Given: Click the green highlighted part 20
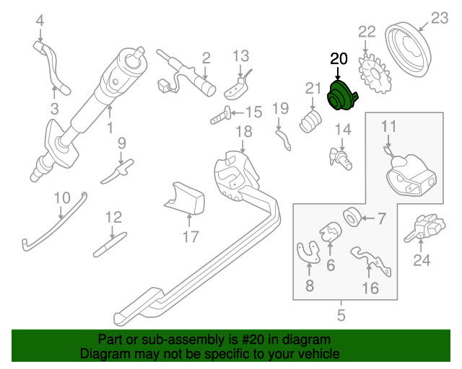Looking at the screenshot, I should (x=343, y=98).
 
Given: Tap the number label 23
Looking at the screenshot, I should (x=440, y=18).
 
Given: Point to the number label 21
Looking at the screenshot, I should (x=313, y=89).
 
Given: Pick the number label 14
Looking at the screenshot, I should (x=342, y=130).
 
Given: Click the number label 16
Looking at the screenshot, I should (x=370, y=289).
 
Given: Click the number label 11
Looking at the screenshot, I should (x=389, y=127).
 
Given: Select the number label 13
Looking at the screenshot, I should (x=240, y=55).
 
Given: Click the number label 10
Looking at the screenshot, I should (x=62, y=197).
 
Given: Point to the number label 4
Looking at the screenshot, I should (x=40, y=19).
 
